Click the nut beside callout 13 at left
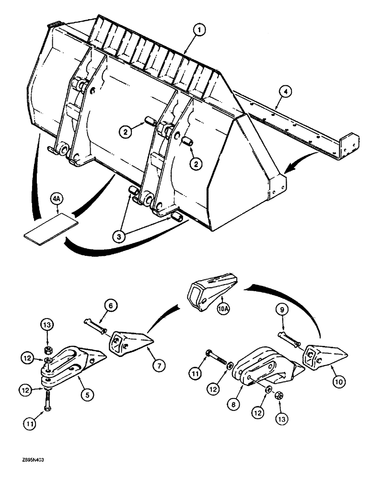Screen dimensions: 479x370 point(48,350)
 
